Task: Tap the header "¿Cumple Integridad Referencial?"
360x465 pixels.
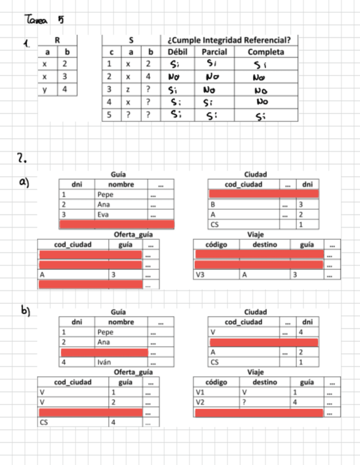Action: pos(229,40)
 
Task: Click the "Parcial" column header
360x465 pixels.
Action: pos(215,52)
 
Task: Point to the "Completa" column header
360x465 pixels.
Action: pos(266,52)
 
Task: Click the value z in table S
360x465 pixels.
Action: pos(130,90)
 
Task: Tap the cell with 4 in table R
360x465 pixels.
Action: pos(65,89)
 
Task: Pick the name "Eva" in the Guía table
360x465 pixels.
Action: pos(102,214)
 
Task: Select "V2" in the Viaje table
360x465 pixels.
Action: pos(201,402)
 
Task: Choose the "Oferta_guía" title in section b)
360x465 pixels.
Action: pos(133,372)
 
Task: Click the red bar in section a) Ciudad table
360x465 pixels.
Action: pos(263,194)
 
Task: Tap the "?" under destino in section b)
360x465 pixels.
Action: pos(244,402)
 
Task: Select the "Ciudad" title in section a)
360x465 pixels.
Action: pos(255,174)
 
